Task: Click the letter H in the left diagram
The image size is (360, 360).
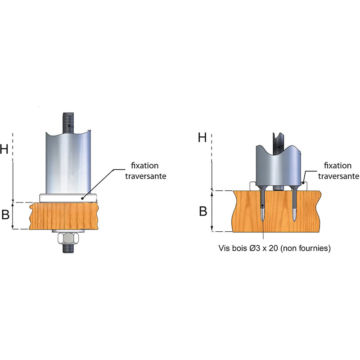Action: click(x=5, y=149)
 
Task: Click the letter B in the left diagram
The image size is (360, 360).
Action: click(x=5, y=215)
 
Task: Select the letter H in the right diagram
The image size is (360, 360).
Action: click(x=202, y=138)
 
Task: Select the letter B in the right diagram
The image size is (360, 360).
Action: click(x=203, y=211)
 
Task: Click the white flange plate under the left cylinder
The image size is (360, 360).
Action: click(x=67, y=198)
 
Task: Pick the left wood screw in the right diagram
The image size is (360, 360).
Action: click(x=263, y=205)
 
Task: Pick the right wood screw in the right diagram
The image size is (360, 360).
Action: click(x=294, y=205)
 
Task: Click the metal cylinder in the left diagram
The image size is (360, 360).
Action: click(x=67, y=162)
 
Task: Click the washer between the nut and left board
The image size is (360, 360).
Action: click(x=67, y=231)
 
